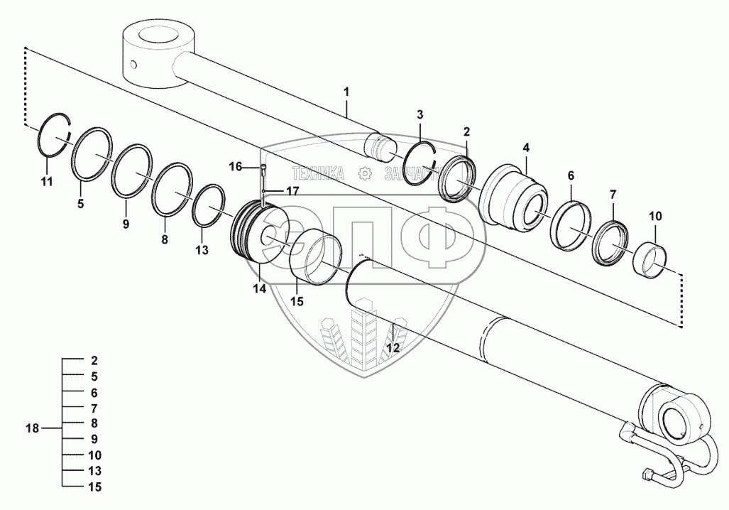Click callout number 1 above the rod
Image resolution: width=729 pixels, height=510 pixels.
[346, 92]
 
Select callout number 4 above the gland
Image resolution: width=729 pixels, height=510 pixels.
[525, 148]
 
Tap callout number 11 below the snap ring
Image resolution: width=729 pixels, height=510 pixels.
[46, 183]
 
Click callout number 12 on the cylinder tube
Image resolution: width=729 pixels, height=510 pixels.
[392, 348]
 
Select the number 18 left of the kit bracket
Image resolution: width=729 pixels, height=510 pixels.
[33, 428]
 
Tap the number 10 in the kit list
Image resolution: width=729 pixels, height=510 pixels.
[95, 455]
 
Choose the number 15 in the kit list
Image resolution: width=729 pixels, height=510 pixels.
[95, 487]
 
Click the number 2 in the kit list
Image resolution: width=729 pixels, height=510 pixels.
[95, 360]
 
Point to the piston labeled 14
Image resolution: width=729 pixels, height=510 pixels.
[256, 234]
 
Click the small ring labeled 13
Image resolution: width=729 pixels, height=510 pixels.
[208, 206]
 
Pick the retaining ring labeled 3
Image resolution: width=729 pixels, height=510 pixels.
[418, 163]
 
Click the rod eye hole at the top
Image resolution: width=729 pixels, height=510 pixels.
[157, 33]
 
